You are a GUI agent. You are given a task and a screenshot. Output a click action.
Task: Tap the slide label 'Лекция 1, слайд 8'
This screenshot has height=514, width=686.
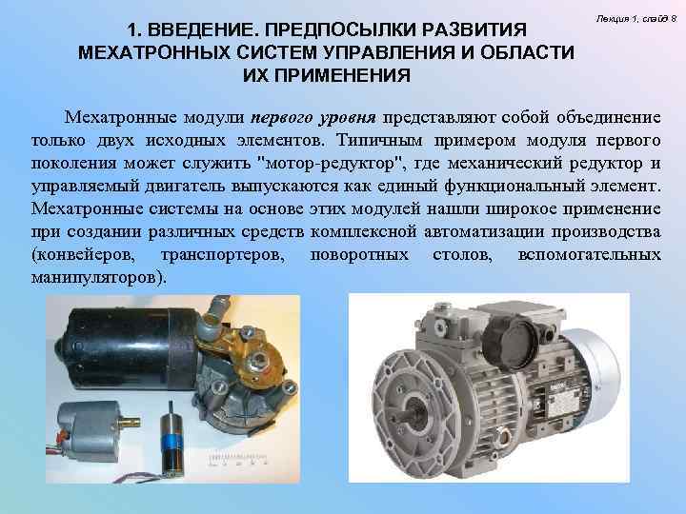636,19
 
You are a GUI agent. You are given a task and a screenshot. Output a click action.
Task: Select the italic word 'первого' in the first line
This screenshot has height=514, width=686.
282,118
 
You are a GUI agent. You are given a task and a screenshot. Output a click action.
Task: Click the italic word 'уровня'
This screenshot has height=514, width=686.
348,118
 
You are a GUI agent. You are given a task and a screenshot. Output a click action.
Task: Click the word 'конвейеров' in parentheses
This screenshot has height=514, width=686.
84,255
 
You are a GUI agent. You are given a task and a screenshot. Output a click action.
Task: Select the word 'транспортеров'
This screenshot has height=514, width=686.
222,255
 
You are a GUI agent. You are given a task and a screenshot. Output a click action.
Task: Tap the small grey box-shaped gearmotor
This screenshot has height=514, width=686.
89,431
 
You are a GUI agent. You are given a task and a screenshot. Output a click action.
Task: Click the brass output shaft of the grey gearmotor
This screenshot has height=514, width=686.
130,423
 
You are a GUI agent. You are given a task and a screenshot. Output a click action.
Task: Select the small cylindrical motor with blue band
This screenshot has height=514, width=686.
171,440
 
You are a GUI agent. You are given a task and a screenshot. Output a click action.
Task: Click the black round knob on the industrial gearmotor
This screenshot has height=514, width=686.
511,338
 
